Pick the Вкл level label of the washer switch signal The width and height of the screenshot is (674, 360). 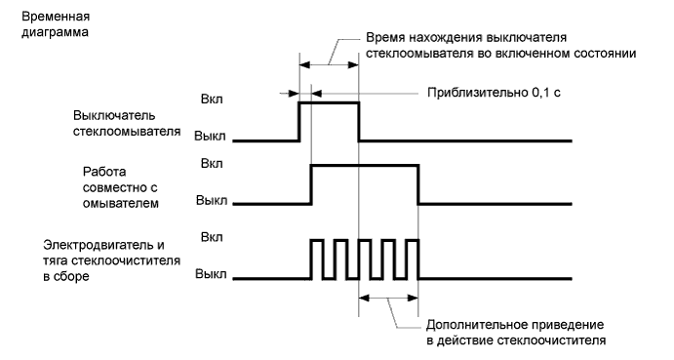[x=211, y=100]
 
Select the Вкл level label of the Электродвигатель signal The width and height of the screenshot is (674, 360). [x=211, y=237]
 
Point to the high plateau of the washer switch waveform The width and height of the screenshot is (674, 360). [x=329, y=101]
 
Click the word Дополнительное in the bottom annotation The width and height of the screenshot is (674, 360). [x=472, y=323]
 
